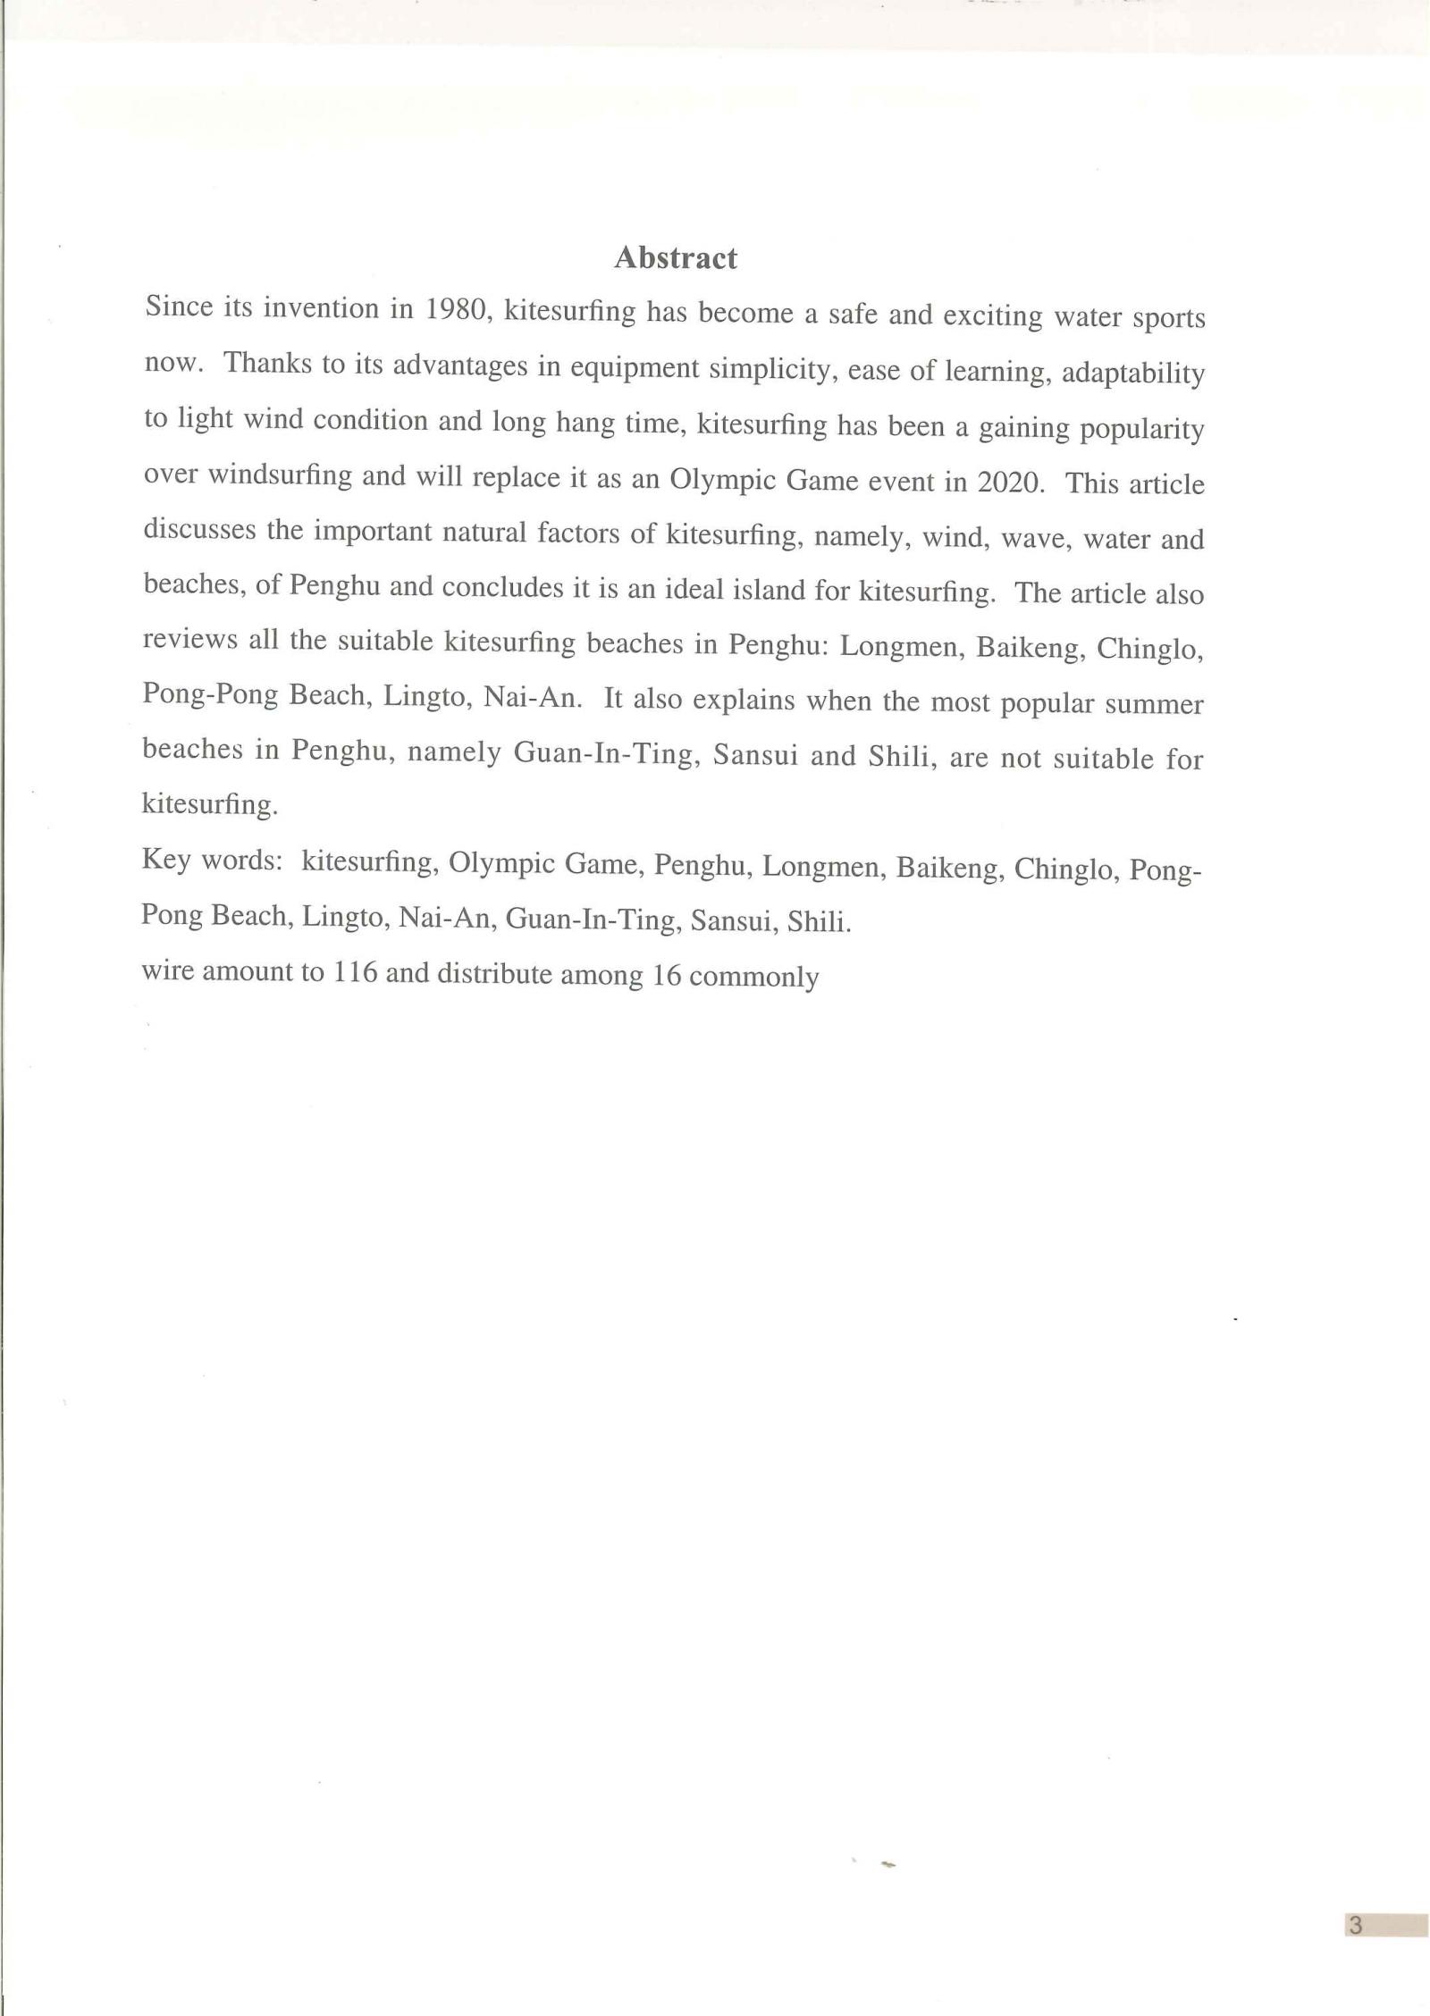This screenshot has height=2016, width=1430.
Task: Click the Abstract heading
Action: pyautogui.click(x=676, y=258)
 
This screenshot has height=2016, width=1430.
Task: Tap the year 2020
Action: pyautogui.click(x=1011, y=482)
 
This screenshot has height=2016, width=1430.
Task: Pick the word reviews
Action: pyautogui.click(x=189, y=640)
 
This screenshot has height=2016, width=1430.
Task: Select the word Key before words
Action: pyautogui.click(x=165, y=861)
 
